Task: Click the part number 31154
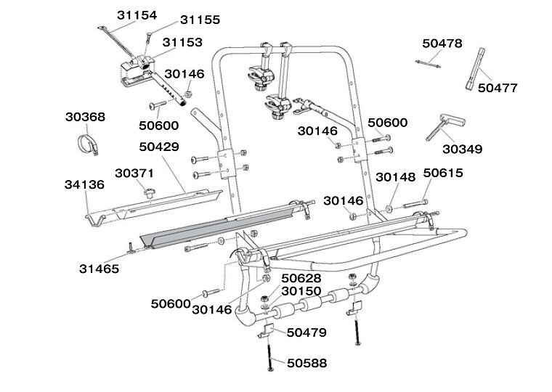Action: pos(136,15)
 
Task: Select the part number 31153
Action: pos(182,43)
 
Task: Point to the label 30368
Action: pos(85,116)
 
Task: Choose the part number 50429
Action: pos(159,146)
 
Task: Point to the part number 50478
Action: pos(442,44)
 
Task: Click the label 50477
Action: pos(497,88)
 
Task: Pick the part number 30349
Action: pos(462,150)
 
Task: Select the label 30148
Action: pos(396,176)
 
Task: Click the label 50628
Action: pos(301,278)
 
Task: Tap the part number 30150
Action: pos(301,291)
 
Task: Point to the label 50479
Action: pos(307,332)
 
